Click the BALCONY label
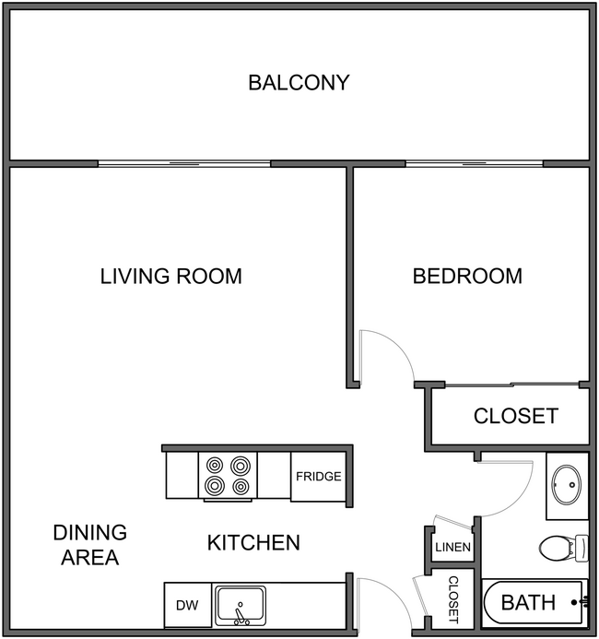299,82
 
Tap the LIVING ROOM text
170,276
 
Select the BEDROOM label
467,276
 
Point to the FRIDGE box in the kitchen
319,477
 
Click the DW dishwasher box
187,606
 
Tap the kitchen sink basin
241,606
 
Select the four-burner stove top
228,476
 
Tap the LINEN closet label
452,548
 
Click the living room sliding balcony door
184,164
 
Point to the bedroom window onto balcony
474,164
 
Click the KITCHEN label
253,542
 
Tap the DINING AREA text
89,545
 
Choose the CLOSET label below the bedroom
515,416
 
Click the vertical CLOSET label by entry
452,600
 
